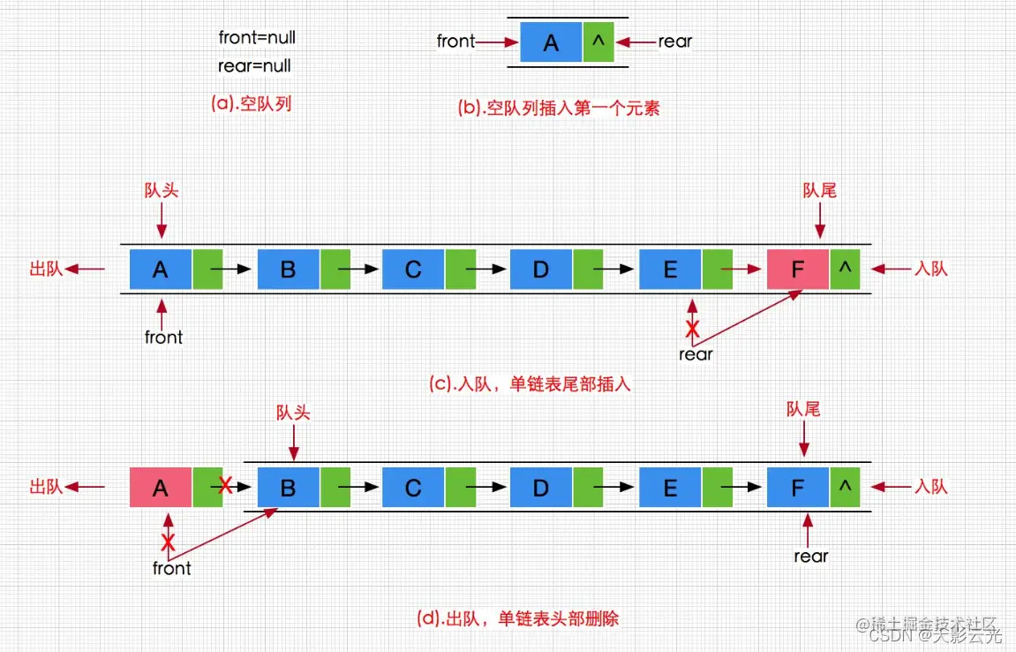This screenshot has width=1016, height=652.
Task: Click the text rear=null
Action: coord(254,66)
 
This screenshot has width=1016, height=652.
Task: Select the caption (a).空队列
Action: coord(251,103)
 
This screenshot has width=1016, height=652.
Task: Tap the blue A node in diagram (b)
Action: coord(551,42)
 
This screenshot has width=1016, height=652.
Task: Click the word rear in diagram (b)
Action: coord(675,41)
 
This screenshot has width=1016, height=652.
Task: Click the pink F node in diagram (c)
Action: coord(798,269)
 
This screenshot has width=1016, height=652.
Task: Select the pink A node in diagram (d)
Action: coord(160,488)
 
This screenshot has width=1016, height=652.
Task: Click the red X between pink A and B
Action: coord(226,485)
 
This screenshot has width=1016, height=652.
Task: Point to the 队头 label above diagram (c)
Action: coord(161,192)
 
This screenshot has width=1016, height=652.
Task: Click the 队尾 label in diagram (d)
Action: coord(803,409)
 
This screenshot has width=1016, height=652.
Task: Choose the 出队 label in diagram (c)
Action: coord(46,269)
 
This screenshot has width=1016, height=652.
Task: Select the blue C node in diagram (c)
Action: coord(413,269)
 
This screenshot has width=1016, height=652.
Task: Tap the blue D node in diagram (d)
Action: coord(541,488)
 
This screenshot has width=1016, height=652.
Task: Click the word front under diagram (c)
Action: coord(163,337)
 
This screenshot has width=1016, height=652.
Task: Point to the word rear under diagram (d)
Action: coord(810,556)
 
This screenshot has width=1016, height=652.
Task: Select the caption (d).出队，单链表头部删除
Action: coord(516,618)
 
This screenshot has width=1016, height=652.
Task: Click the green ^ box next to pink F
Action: coord(845,269)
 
